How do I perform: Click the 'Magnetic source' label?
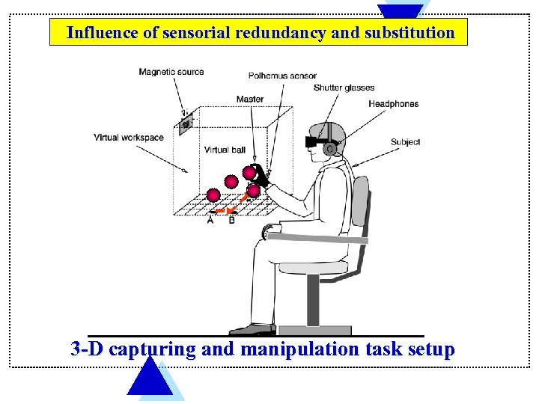pyautogui.click(x=171, y=72)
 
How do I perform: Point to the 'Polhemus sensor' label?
pyautogui.click(x=282, y=76)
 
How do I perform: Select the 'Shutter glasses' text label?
pyautogui.click(x=344, y=88)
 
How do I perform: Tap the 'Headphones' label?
pyautogui.click(x=393, y=104)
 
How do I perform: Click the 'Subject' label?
pyautogui.click(x=405, y=142)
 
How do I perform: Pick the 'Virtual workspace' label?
pyautogui.click(x=128, y=138)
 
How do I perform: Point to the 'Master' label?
pyautogui.click(x=249, y=100)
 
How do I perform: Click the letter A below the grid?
pyautogui.click(x=210, y=220)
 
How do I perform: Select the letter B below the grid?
pyautogui.click(x=231, y=220)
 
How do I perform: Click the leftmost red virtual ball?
pyautogui.click(x=213, y=195)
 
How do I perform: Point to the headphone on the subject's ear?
pyautogui.click(x=329, y=148)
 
